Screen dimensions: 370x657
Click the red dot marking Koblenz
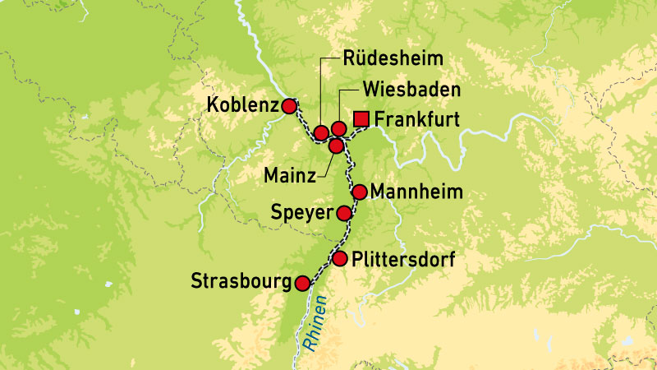(289, 106)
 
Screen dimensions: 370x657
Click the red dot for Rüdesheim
(321, 132)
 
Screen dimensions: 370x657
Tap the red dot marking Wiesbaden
(338, 129)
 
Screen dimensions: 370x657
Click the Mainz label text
(287, 176)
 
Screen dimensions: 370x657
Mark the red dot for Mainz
(336, 146)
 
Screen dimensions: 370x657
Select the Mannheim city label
(417, 192)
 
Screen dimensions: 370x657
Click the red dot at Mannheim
(359, 192)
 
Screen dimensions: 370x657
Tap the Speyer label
(300, 214)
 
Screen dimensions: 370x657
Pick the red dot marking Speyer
(344, 213)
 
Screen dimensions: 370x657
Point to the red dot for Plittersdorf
(340, 259)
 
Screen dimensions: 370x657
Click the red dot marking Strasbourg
(303, 283)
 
